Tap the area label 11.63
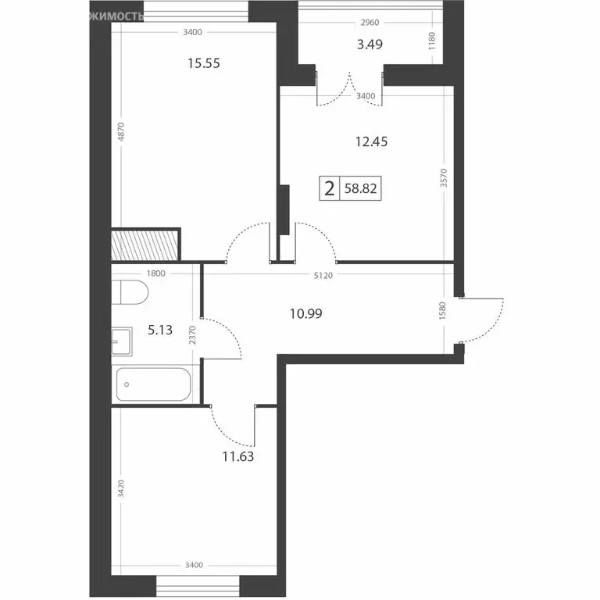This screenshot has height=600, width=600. (x=237, y=451)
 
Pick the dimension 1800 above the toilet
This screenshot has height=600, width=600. (x=155, y=273)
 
